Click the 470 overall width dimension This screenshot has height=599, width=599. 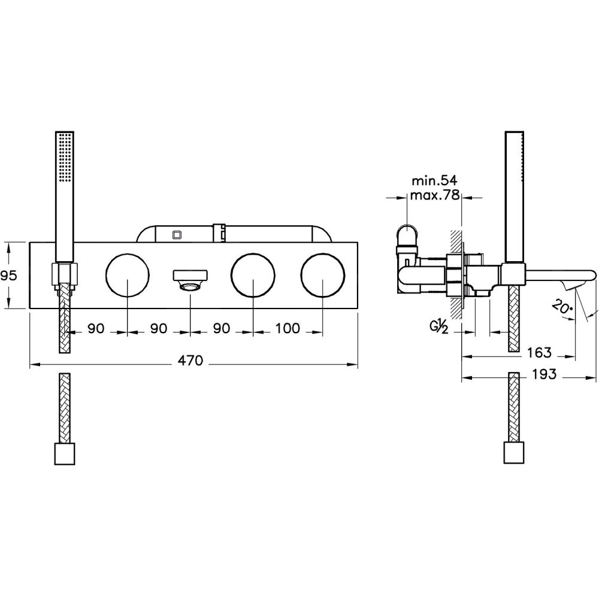pyautogui.click(x=193, y=361)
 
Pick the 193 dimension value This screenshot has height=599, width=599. pyautogui.click(x=544, y=375)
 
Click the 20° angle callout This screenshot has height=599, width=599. pyautogui.click(x=561, y=307)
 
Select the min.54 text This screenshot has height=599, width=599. pyautogui.click(x=432, y=180)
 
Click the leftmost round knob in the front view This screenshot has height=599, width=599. pyautogui.click(x=128, y=275)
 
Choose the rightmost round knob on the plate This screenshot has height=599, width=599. pyautogui.click(x=323, y=275)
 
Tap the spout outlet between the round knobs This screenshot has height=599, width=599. pyautogui.click(x=190, y=280)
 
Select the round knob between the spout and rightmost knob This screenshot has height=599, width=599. pyautogui.click(x=254, y=275)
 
